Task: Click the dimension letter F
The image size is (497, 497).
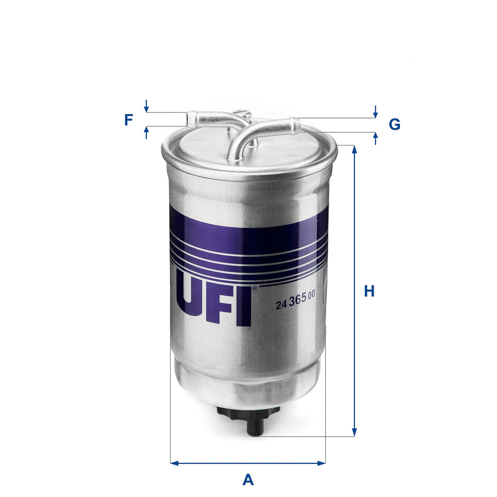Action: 129,120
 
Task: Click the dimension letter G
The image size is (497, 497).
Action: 394,124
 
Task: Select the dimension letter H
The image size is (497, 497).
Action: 369,291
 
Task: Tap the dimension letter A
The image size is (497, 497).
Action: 248,479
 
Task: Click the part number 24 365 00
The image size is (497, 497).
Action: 295,303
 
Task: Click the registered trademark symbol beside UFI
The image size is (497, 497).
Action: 255,289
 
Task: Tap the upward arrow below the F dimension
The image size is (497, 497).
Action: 146,131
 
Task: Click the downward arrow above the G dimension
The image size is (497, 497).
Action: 375,113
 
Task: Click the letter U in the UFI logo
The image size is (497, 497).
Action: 196,305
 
